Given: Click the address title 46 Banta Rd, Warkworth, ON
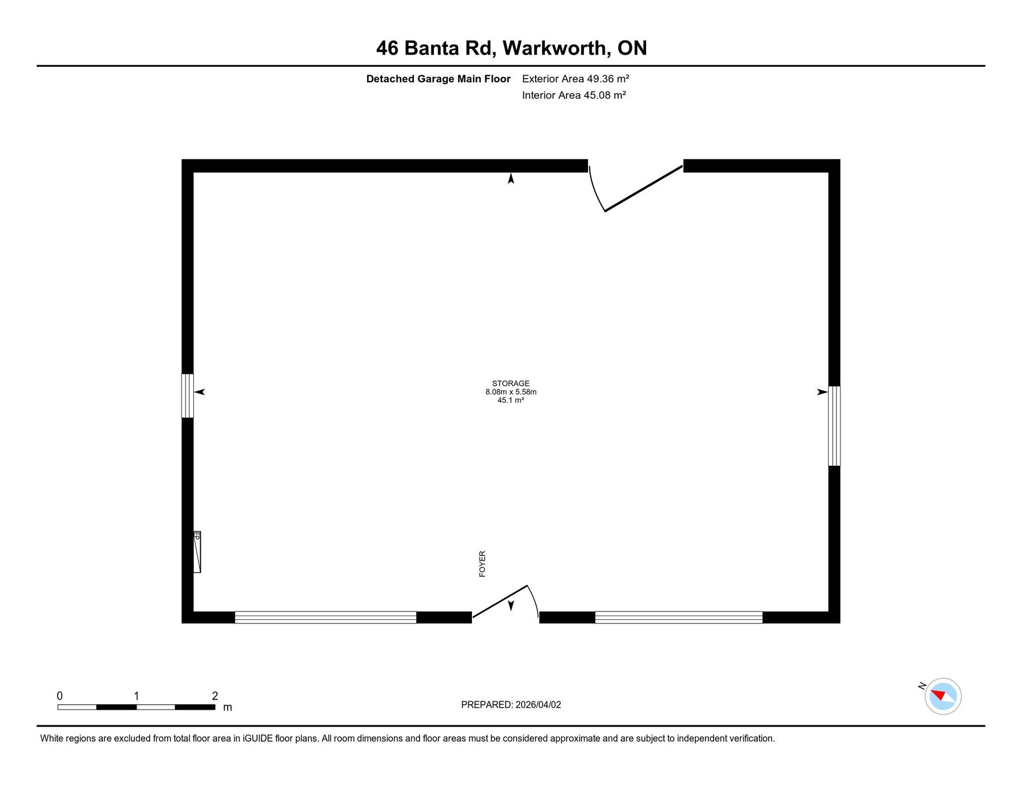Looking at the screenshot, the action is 511,48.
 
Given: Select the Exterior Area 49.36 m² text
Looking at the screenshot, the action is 575,79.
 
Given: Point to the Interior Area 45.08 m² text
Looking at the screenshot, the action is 574,95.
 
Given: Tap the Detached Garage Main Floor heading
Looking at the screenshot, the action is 438,79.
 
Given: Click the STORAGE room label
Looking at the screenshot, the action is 510,383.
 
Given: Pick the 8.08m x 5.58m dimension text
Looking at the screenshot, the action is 510,392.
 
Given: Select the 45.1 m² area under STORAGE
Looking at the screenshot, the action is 510,400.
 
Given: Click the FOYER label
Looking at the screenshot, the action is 482,564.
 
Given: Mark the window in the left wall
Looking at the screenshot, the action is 188,396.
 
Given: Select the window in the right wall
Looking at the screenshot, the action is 834,426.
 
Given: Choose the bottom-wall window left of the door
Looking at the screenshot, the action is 325,617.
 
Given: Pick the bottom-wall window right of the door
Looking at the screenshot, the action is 679,617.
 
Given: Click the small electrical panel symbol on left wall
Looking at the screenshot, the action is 197,552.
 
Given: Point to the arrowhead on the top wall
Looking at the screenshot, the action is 511,178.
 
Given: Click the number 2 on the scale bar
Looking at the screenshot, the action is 215,696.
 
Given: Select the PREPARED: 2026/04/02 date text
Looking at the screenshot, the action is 511,705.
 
